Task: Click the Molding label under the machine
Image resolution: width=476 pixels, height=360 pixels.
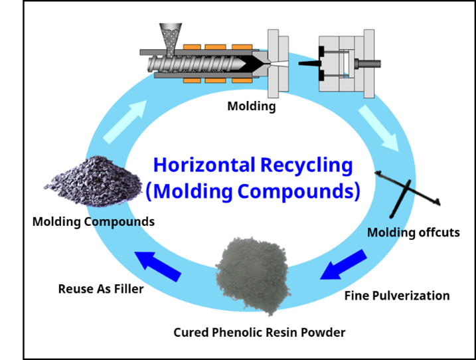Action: click(x=251, y=106)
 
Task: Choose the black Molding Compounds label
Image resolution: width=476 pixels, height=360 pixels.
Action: click(x=93, y=221)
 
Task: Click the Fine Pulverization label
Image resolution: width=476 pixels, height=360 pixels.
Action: click(x=397, y=295)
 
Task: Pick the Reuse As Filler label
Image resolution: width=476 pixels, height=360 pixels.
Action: click(x=101, y=289)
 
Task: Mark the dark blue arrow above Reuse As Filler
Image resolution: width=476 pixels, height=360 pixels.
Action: click(x=158, y=264)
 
